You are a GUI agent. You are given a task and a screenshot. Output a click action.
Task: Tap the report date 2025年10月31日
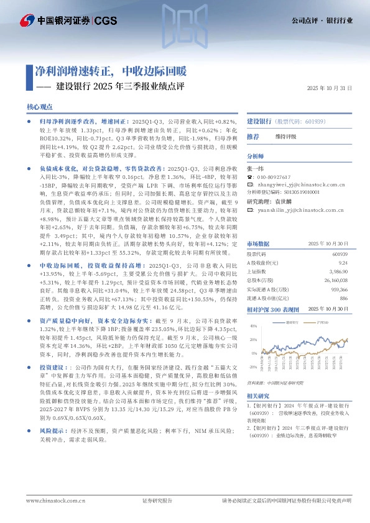[x=330, y=88]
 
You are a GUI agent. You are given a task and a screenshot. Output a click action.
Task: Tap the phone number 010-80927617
[x=273, y=177]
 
